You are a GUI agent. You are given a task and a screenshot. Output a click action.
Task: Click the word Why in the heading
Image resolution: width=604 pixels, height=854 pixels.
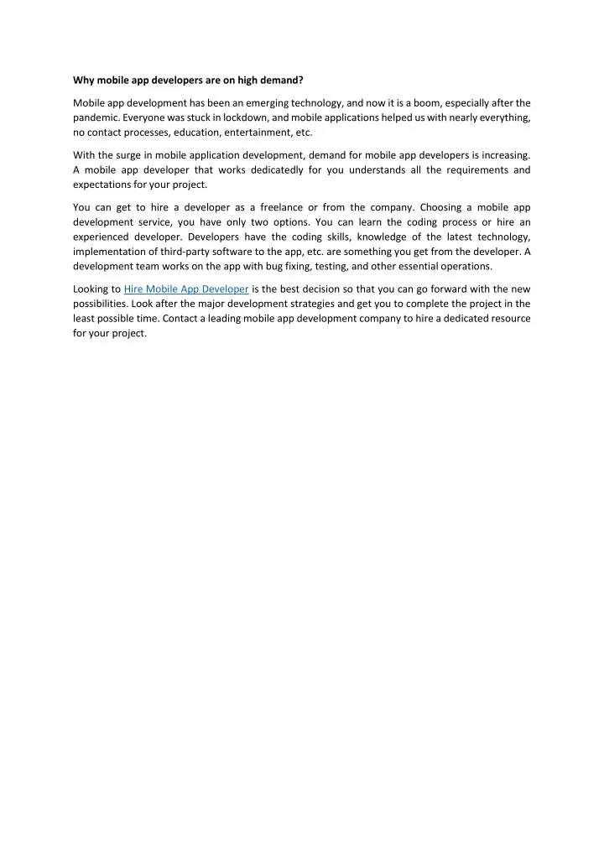click(83, 81)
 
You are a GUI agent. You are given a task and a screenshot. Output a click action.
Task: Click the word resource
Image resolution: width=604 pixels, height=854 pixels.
click(506, 320)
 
